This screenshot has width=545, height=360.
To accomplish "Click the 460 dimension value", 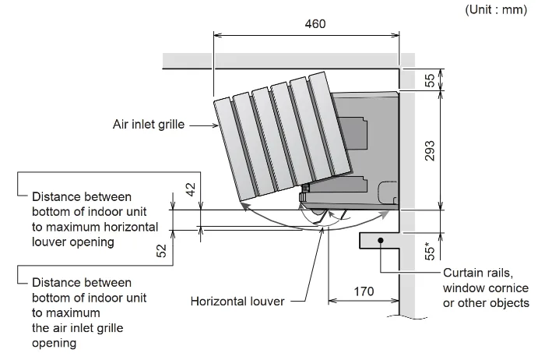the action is click(x=315, y=24).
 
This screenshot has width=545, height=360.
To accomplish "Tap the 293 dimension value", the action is click(x=430, y=151).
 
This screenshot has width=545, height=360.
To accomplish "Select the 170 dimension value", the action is click(x=364, y=291).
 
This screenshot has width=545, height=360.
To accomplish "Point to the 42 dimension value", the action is click(x=191, y=189).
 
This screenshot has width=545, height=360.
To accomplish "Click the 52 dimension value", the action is click(x=162, y=250).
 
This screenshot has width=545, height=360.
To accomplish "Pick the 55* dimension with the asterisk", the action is click(x=430, y=249).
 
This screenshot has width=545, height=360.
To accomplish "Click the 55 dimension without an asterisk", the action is click(x=430, y=80).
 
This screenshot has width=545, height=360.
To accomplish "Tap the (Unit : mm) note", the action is click(x=496, y=9).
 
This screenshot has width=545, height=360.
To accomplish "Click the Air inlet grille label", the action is click(x=149, y=125).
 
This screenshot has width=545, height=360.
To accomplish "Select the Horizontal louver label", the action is click(x=237, y=302).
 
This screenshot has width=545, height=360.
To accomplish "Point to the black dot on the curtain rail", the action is click(x=381, y=240).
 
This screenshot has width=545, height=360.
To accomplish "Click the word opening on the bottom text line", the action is click(x=54, y=344).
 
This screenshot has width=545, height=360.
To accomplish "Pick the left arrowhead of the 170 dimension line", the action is click(x=332, y=301).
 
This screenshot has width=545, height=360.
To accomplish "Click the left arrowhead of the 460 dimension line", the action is click(x=217, y=35).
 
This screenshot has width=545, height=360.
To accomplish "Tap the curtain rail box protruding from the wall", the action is click(x=379, y=241).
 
